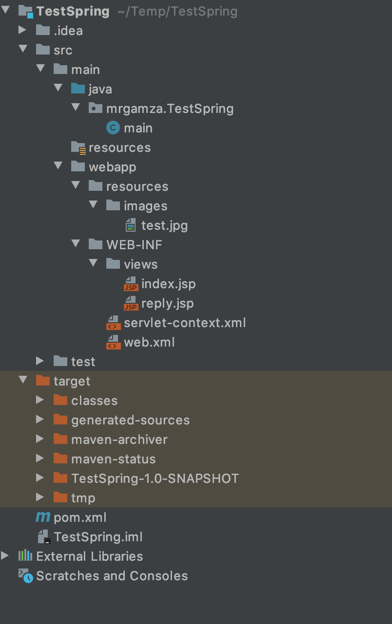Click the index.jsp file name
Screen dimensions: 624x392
[x=168, y=284]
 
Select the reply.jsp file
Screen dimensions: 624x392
[x=167, y=303]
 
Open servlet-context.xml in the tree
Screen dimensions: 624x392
[x=184, y=323]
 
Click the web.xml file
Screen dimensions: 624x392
[x=149, y=342]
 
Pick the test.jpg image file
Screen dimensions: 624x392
[x=164, y=225]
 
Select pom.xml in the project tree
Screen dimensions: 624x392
[x=79, y=517]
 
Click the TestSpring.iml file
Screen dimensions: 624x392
[x=98, y=537]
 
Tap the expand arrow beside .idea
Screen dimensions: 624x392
[x=22, y=30]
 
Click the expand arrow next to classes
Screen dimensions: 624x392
[x=40, y=400]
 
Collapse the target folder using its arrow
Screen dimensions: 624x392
[x=22, y=380]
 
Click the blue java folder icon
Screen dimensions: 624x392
[x=78, y=89]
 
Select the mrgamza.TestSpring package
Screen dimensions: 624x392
[x=170, y=109]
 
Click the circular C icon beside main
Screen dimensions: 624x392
[x=113, y=128]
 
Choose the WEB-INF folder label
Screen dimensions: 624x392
[x=134, y=245]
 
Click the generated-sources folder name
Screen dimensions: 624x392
[x=130, y=420]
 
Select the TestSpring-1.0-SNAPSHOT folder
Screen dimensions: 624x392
[x=155, y=478]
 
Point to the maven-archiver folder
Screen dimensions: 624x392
[x=119, y=440]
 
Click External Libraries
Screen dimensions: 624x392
[x=89, y=556]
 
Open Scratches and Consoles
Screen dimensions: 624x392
[x=112, y=576]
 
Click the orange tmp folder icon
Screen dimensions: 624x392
[x=60, y=497]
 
